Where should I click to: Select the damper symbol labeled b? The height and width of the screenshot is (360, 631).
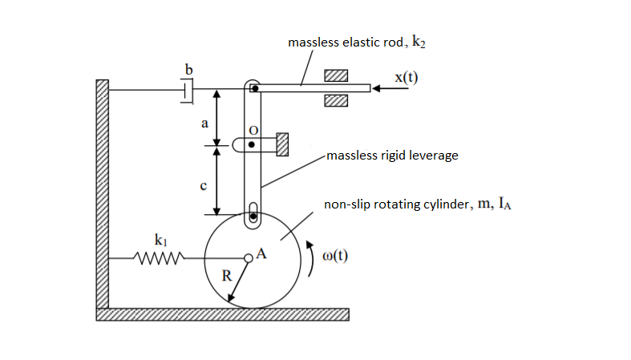188,91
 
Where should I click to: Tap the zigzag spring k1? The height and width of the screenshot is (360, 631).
160,258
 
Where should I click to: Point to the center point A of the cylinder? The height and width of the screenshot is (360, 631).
249,257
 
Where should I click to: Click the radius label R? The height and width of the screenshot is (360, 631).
227,274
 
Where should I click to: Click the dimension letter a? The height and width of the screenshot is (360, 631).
204,124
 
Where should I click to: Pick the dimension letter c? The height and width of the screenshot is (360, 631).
204,186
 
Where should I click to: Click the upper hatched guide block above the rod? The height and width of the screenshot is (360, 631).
336,75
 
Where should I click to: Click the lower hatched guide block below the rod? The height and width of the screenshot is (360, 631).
336,101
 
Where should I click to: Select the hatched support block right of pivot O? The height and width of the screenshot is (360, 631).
281,144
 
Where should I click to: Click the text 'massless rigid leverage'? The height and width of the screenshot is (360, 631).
392,155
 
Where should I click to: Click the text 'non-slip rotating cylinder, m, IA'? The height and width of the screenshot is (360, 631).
417,204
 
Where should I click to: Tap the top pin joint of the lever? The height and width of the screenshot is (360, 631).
253,88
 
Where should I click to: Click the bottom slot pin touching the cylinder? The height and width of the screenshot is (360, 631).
253,214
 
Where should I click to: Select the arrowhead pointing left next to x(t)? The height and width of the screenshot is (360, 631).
380,88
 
